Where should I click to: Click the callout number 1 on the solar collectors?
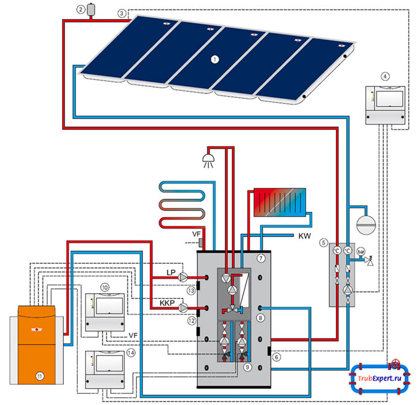coord(215,59)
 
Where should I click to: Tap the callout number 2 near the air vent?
coord(80,10)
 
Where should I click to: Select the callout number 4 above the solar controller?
coord(385,76)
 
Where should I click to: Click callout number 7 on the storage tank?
coord(260,258)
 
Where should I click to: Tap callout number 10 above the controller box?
coord(105,287)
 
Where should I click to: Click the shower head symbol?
coord(208,157)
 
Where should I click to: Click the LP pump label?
coord(171,272)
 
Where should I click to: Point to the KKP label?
coord(167,303)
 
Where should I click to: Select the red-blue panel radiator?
coord(279,203)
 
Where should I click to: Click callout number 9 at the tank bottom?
coord(248,366)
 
